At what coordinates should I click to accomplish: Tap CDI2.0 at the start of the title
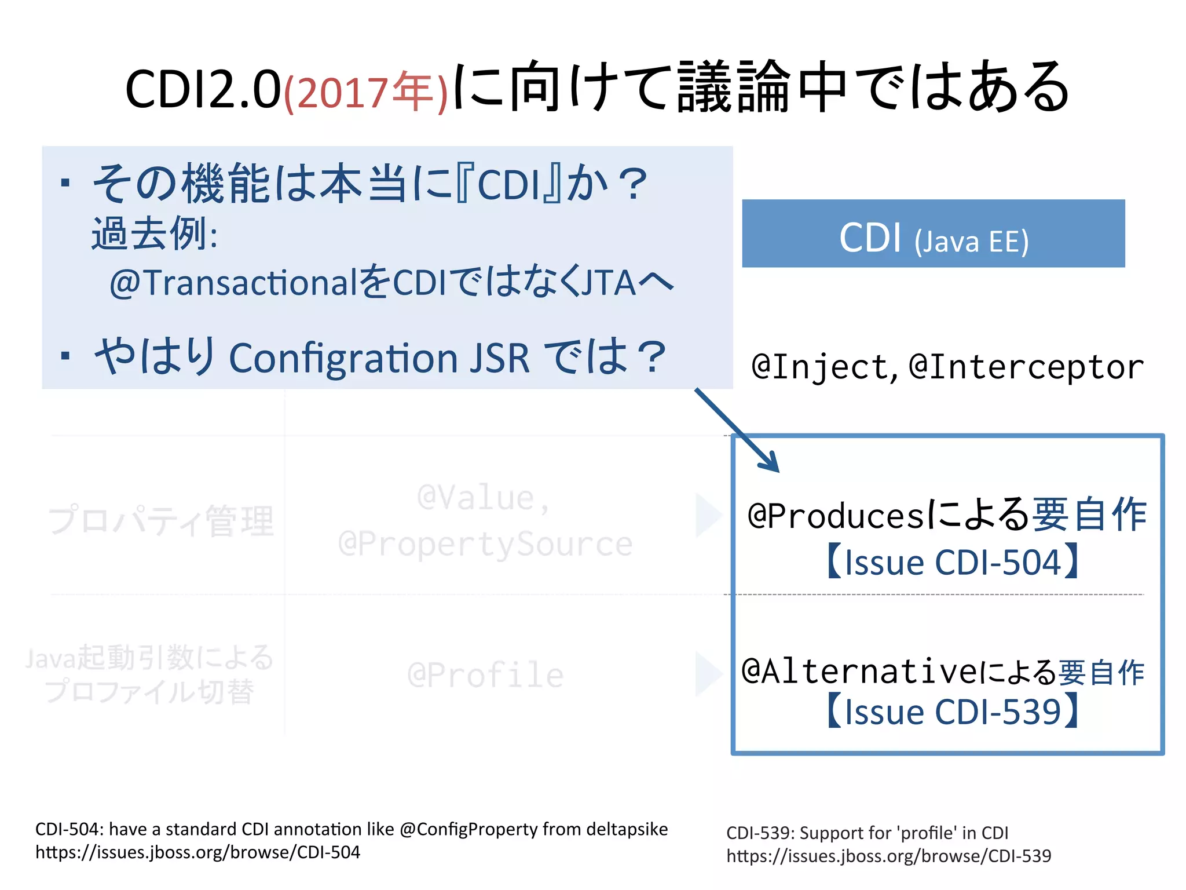203,90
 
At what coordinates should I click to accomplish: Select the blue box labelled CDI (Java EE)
933,234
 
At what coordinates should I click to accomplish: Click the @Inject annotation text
820,367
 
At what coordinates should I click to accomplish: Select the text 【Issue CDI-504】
951,562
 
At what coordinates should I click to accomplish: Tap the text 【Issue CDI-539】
951,712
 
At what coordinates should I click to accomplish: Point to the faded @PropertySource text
485,544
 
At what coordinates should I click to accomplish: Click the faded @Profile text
485,675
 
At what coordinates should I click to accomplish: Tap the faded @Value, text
483,498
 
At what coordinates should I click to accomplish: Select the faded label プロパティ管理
161,520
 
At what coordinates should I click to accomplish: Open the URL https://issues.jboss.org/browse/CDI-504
197,852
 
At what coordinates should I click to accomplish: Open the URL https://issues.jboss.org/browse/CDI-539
888,856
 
